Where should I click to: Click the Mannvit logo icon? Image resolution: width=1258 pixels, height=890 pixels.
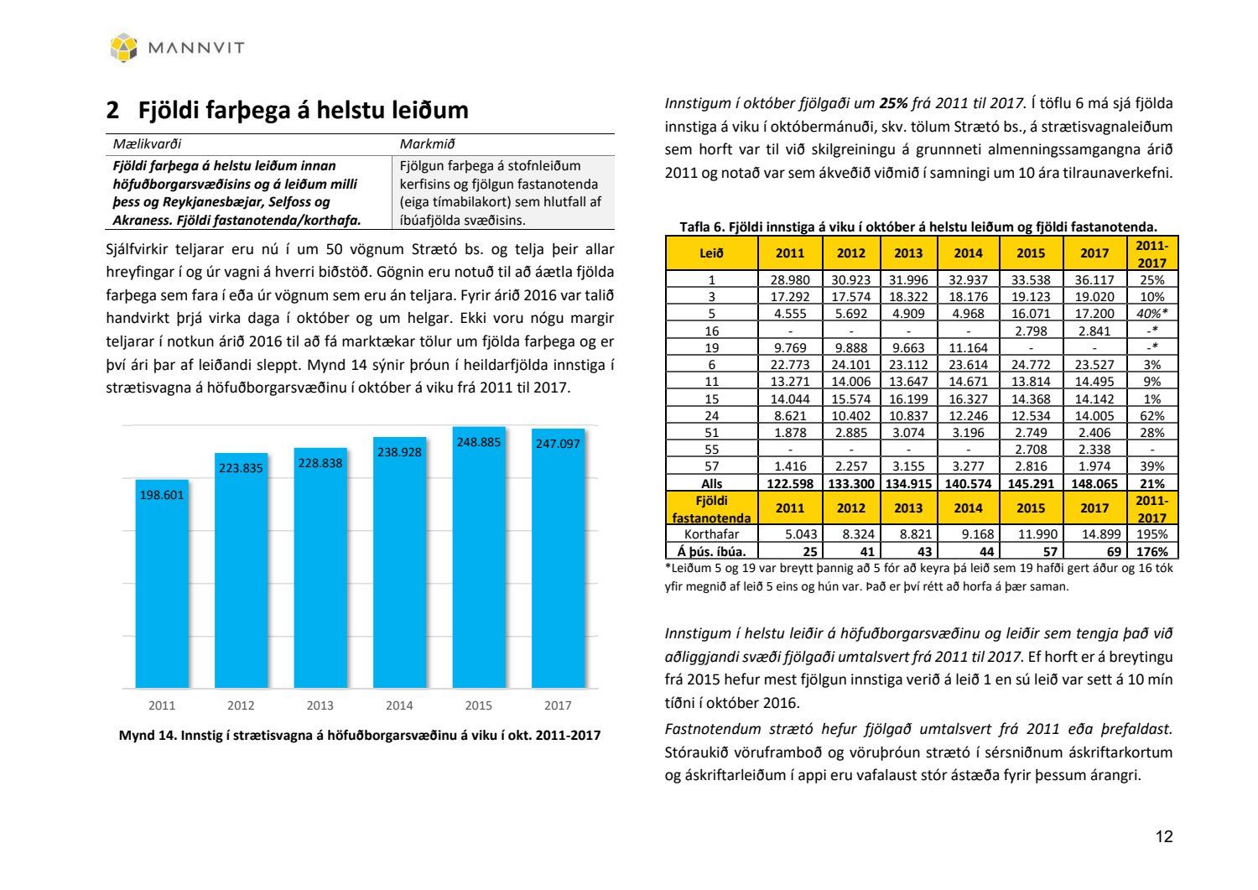123,47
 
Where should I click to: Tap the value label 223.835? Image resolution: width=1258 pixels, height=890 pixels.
241,468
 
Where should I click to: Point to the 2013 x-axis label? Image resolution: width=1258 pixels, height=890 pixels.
320,705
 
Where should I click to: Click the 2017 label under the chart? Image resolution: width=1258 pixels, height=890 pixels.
558,705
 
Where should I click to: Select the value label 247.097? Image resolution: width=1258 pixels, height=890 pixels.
558,443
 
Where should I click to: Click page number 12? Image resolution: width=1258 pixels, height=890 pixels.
1163,836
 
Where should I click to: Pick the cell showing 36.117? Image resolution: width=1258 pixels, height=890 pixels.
1094,280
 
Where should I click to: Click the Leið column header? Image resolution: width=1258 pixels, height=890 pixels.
711,252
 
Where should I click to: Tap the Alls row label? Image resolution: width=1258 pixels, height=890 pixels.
711,483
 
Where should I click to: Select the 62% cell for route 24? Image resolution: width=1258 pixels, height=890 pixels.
1152,415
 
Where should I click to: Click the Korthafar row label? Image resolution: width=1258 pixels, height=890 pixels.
711,533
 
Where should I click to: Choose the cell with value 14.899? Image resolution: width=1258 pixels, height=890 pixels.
1094,533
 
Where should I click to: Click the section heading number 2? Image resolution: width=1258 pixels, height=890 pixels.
112,111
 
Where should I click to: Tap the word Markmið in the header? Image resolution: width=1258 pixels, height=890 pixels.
427,144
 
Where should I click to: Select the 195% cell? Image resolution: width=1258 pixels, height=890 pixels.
1152,533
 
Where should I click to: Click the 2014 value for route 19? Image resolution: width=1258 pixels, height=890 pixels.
968,347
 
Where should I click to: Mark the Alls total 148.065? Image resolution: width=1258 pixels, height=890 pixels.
1094,483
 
